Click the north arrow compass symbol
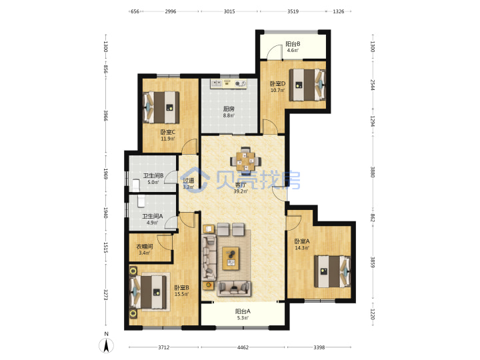point(106,345)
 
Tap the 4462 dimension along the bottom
point(243,347)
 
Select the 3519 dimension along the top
point(293,11)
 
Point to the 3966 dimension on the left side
point(106,115)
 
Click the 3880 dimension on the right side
point(373,172)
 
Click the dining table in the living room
point(246,159)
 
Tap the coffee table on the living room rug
point(231,259)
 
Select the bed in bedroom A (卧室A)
point(333,271)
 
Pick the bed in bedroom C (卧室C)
point(161,107)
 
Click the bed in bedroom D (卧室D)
point(307,85)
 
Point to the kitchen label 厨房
point(229,109)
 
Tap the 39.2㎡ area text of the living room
point(241,191)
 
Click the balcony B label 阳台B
point(293,44)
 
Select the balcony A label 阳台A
point(243,311)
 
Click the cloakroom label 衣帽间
point(145,247)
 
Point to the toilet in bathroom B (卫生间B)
point(136,185)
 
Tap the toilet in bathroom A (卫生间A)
point(141,201)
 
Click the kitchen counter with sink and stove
point(229,83)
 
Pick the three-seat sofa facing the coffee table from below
point(234,289)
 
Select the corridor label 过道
point(188,181)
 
